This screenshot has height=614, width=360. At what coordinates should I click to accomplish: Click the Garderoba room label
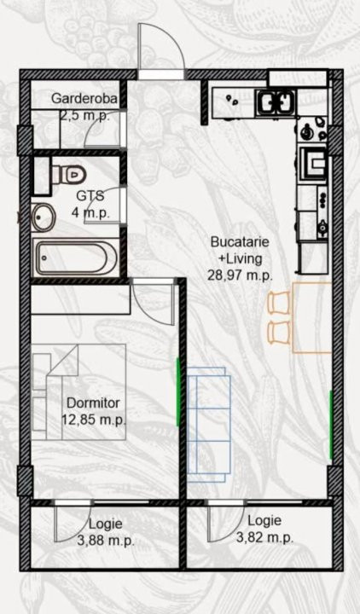pos(84,98)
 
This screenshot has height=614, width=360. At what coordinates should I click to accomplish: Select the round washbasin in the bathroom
pos(44,217)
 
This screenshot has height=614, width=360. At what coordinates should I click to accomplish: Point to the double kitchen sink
pos(276,102)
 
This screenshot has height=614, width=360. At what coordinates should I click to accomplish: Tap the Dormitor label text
pos(93,403)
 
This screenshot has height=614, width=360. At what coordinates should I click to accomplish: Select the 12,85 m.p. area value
pos(94,420)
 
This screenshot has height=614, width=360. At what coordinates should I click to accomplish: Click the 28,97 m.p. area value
pos(240,275)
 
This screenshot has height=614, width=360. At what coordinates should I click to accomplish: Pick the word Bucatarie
pos(240,241)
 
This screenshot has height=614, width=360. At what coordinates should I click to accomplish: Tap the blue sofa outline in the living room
pos(209,425)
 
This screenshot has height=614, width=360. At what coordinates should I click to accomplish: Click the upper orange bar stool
pos(279,303)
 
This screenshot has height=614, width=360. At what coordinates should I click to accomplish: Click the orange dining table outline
pos(312,317)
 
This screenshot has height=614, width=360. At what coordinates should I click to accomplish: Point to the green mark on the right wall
pos(331,425)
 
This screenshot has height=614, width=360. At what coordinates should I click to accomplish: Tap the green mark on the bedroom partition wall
pos(178,392)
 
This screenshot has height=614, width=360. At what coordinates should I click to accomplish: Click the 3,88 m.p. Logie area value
pos(106,542)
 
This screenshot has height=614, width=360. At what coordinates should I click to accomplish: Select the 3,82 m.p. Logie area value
pos(264,537)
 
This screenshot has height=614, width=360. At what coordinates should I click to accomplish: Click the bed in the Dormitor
pos(78,391)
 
